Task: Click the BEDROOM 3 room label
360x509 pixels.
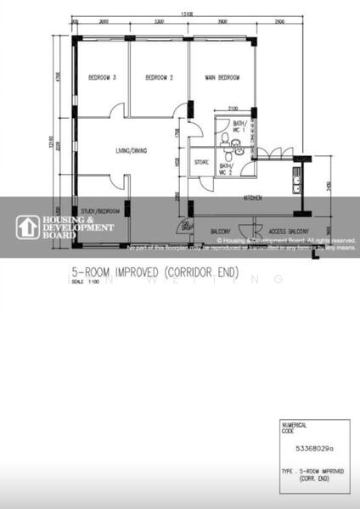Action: [x=102, y=78]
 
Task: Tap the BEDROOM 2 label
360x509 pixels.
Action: [x=159, y=78]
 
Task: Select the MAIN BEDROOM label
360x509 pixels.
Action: [x=222, y=78]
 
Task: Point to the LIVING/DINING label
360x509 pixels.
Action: [x=132, y=151]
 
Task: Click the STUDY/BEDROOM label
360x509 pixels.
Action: [x=100, y=210]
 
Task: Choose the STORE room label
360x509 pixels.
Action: [x=201, y=161]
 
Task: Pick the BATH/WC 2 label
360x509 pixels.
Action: [x=227, y=168]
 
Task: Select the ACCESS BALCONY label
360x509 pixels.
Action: [x=288, y=230]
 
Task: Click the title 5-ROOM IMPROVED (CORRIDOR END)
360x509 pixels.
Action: [x=153, y=272]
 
